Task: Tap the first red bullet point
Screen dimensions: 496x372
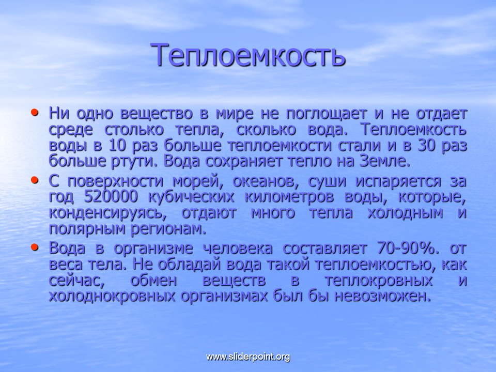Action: tap(35, 112)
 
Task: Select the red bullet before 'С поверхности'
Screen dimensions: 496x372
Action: tap(35, 180)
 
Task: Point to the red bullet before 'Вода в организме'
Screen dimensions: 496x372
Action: tap(35, 247)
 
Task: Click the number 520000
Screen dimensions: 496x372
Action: tap(111, 197)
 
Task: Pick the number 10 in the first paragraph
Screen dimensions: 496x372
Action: tap(117, 146)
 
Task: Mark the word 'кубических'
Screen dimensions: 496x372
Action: tap(191, 197)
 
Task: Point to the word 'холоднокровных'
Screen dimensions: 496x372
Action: tap(112, 297)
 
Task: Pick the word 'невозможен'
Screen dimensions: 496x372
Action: tap(383, 297)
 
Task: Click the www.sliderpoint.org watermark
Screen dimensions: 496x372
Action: tap(248, 357)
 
